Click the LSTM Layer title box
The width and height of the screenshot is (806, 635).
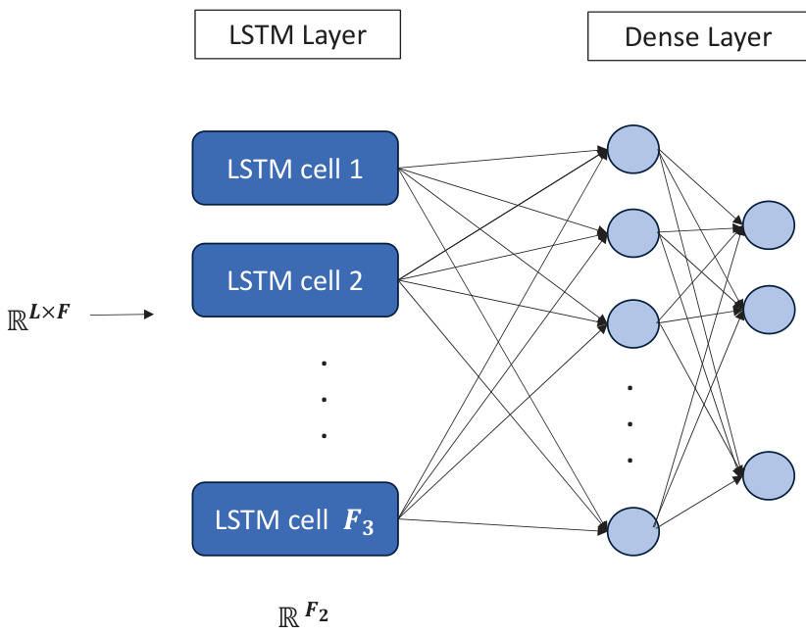(297, 36)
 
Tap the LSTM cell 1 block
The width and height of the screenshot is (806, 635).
(294, 169)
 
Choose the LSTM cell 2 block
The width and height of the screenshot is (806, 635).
(294, 281)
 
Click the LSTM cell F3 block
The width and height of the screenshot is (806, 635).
(294, 519)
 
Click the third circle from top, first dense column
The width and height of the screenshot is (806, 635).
(633, 321)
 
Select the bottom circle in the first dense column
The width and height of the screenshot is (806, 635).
(633, 530)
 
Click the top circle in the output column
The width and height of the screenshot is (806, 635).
(769, 224)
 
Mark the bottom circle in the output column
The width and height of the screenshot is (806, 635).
(769, 474)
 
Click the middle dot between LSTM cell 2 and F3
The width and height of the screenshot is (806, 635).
(324, 399)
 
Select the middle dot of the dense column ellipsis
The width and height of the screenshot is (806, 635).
(630, 424)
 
